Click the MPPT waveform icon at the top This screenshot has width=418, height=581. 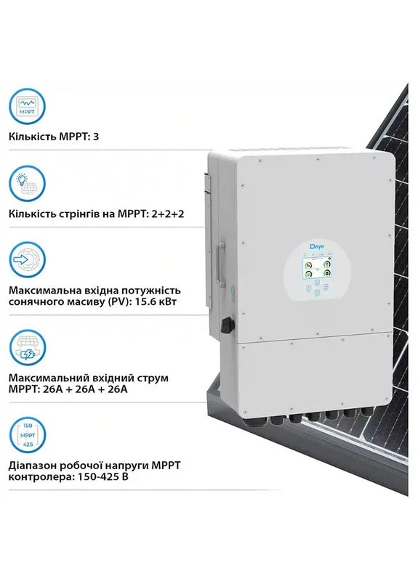click(x=27, y=106)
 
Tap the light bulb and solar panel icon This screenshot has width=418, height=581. click(x=27, y=184)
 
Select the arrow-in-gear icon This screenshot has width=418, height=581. click(x=27, y=260)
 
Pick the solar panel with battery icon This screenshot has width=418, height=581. click(x=27, y=348)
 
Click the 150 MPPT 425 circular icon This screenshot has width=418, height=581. click(x=27, y=435)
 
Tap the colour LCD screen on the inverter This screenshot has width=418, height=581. click(x=317, y=268)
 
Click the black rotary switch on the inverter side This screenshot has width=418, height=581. click(x=227, y=325)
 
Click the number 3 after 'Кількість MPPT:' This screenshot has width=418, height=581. click(x=96, y=137)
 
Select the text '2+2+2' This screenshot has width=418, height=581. click(x=168, y=214)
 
